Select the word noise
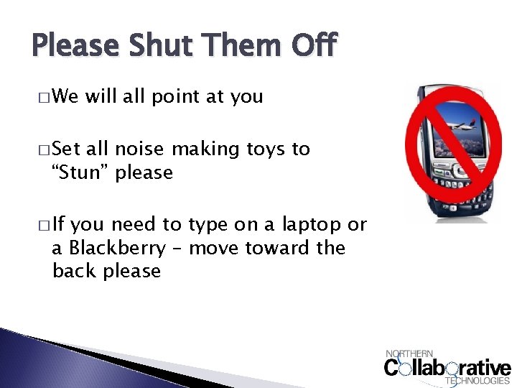click(x=140, y=149)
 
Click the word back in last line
click(x=74, y=272)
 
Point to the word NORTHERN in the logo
click(x=410, y=353)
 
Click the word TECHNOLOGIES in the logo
click(x=478, y=381)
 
